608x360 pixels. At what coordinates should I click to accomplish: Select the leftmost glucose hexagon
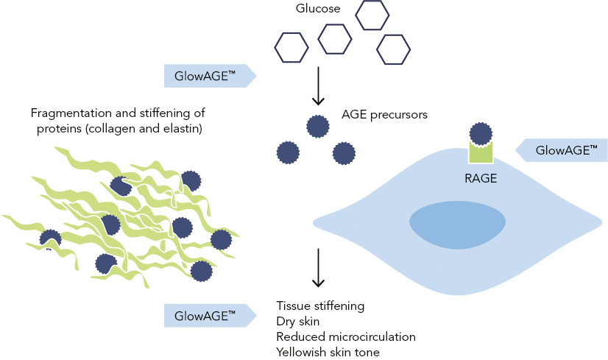coord(291,48)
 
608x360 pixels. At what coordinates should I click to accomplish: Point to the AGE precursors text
coord(384,115)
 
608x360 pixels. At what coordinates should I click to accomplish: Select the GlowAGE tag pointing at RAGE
coord(564,150)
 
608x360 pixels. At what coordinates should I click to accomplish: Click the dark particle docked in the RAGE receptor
coord(481,134)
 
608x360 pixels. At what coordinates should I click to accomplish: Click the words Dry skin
coord(299,320)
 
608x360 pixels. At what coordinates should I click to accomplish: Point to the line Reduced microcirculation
coord(346,336)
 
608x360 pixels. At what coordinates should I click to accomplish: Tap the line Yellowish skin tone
coord(328,352)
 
